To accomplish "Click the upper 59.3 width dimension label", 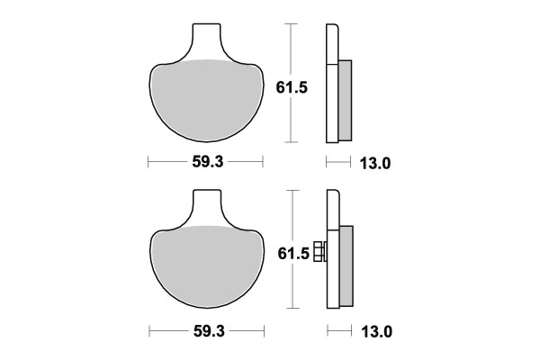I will (205, 163).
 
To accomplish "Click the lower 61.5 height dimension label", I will (292, 255).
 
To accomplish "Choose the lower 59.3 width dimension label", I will (205, 331).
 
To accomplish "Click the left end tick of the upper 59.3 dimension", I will (148, 163).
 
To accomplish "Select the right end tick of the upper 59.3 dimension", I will (263, 163).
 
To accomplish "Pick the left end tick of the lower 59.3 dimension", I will (148, 331).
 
